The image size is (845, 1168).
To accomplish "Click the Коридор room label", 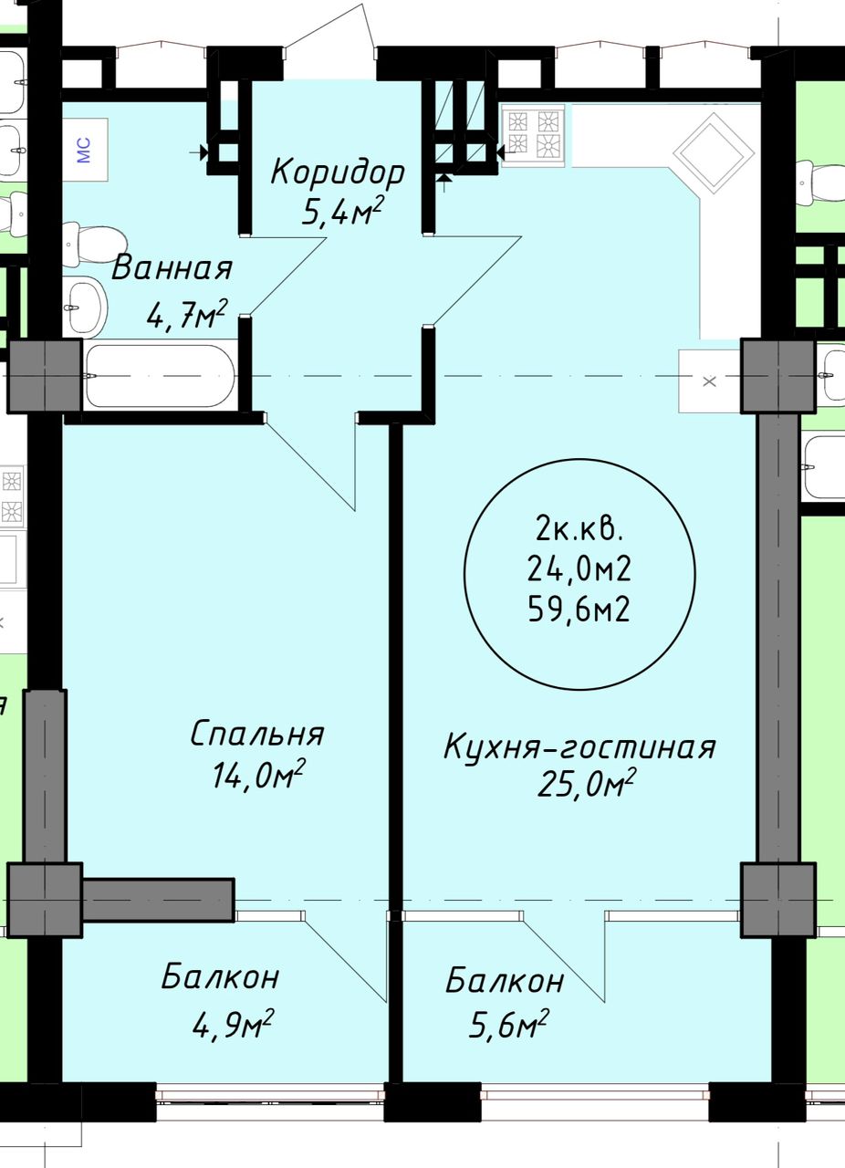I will tap(338, 172).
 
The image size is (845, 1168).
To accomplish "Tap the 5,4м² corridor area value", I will tap(340, 213).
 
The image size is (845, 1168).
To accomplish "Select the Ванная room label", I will tap(172, 269).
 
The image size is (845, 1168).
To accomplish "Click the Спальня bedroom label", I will tap(257, 734).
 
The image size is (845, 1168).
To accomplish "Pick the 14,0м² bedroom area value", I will tap(257, 776).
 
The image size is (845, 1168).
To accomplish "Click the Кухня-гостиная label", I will tap(579, 747).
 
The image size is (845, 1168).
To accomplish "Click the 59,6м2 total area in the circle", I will tap(579, 608).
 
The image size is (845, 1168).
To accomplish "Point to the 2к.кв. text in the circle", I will tap(579, 529).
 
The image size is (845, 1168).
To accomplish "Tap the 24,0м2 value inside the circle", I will tap(579, 569).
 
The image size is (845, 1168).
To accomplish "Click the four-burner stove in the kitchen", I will tap(533, 134).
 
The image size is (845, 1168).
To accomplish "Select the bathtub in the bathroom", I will tap(161, 376).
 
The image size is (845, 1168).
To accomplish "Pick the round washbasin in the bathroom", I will tap(87, 304).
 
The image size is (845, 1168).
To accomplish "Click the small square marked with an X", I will tap(710, 381).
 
